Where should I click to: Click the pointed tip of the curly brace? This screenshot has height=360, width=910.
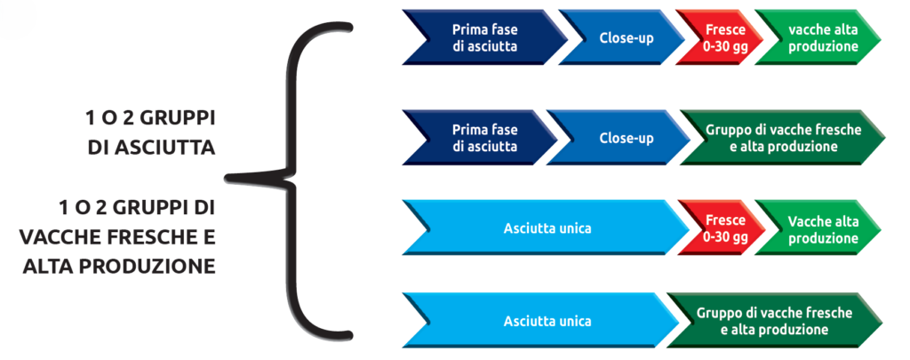pyautogui.click(x=227, y=177)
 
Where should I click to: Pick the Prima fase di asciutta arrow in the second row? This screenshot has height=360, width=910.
pyautogui.click(x=484, y=138)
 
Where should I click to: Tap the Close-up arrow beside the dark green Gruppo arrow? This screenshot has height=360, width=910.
pyautogui.click(x=627, y=138)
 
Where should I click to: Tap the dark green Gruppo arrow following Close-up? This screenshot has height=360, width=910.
pyautogui.click(x=782, y=138)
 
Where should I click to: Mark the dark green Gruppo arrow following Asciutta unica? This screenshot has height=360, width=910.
pyautogui.click(x=774, y=321)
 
